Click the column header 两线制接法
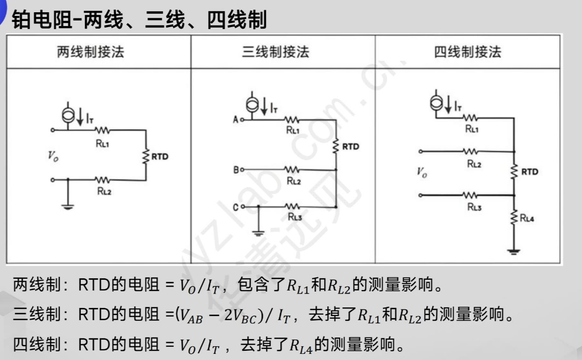90,52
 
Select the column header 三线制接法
276,52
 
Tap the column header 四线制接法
468,52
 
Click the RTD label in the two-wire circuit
159,156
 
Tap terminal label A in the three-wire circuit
235,119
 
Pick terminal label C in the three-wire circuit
235,207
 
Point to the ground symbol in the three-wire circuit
258,232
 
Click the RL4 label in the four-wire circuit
527,219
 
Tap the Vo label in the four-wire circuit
422,173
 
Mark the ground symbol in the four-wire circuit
514,251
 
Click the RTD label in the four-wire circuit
529,172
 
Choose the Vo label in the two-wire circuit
53,156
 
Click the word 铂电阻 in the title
42,20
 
